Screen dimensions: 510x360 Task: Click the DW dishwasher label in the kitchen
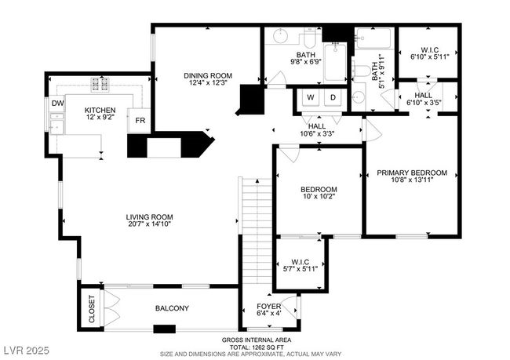(57, 104)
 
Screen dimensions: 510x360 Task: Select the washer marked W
(311, 97)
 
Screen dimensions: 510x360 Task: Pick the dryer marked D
(333, 97)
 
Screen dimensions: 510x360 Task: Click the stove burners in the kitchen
(100, 84)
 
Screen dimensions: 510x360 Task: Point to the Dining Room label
(208, 76)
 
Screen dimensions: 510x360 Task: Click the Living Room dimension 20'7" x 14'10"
(150, 224)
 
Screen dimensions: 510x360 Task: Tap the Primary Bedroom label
(412, 173)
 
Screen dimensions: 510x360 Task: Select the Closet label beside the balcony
(91, 309)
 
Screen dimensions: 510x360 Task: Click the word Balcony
(172, 308)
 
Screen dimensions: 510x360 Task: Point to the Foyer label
(268, 307)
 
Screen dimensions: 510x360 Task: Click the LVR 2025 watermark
(27, 351)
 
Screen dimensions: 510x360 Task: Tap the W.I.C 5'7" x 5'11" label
(301, 265)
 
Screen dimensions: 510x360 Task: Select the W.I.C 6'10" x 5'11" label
(429, 53)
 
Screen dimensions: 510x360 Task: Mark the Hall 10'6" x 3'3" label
(317, 129)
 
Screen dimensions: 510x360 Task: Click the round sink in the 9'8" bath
(280, 35)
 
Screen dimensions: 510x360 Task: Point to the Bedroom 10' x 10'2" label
(319, 193)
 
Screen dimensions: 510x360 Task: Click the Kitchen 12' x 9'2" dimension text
(100, 117)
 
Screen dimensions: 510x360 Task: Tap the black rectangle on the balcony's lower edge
(165, 329)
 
